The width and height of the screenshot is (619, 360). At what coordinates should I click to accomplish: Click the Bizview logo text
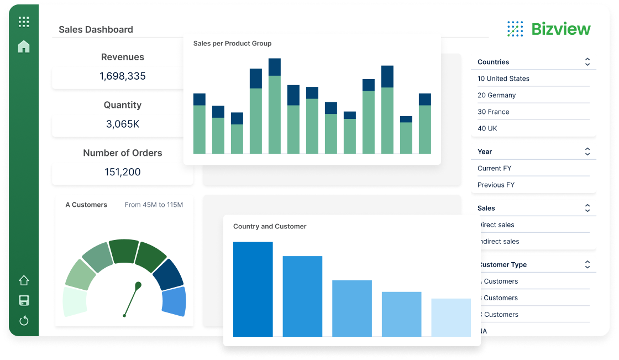click(x=560, y=29)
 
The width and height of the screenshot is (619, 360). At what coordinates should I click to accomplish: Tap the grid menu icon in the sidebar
click(x=24, y=22)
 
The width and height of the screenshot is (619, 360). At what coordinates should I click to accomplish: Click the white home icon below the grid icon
click(x=24, y=46)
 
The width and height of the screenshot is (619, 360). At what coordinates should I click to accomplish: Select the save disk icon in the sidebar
click(x=24, y=301)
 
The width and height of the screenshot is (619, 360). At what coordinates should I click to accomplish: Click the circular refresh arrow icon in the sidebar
click(x=24, y=321)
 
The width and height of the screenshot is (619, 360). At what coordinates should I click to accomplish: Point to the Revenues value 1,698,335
click(x=123, y=76)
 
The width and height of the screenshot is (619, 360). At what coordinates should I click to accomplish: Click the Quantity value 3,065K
click(x=123, y=124)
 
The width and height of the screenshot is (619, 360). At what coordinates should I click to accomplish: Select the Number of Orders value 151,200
click(x=123, y=172)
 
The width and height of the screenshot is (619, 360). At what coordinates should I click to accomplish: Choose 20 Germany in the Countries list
click(x=496, y=95)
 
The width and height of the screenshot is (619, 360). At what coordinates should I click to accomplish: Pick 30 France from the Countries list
click(x=493, y=112)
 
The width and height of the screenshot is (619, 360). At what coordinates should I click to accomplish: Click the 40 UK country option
click(x=487, y=128)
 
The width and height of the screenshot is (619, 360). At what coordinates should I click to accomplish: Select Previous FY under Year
click(x=496, y=185)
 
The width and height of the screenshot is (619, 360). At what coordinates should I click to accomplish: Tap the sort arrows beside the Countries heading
click(x=587, y=62)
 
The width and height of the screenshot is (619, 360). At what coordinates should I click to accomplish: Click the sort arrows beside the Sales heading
click(x=587, y=208)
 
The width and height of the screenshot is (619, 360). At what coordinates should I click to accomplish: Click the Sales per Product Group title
click(x=232, y=43)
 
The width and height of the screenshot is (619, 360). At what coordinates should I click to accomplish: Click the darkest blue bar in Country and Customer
click(x=253, y=289)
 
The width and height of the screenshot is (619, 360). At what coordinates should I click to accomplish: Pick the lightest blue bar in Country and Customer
click(x=451, y=317)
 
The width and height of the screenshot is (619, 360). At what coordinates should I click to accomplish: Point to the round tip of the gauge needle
click(x=138, y=285)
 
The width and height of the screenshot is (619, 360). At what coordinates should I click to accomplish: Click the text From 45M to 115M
click(x=154, y=205)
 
